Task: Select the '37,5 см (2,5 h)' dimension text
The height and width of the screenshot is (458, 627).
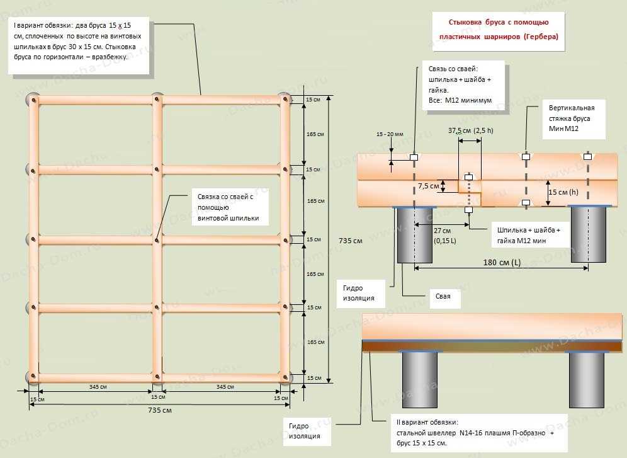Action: click(470, 132)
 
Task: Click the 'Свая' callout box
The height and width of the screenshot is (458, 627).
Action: click(444, 295)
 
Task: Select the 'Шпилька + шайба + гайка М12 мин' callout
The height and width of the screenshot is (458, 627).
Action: click(528, 234)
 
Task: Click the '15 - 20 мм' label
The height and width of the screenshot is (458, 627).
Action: click(390, 135)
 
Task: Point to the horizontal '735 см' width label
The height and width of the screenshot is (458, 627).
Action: click(159, 410)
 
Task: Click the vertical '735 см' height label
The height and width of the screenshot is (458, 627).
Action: click(350, 241)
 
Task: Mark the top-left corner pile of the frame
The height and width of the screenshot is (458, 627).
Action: click(32, 100)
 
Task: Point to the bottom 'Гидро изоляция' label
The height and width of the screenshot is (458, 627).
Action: click(305, 430)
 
